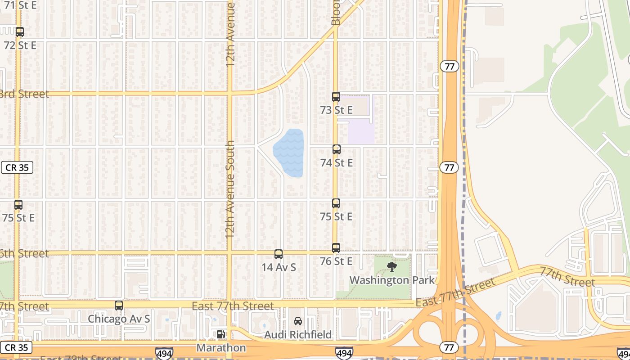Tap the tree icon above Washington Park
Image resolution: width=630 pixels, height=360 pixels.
coord(392,267)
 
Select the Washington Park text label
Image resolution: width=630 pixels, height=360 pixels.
coord(392,280)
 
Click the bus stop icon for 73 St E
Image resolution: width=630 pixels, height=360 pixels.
coord(336,97)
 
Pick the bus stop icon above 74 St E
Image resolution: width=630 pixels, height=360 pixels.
coord(337,149)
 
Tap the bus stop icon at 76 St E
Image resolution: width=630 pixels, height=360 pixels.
coord(336,248)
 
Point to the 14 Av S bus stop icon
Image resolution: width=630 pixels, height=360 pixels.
coord(279,254)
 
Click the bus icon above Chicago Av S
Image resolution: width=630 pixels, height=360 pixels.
coord(119,306)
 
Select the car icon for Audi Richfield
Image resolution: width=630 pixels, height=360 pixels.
coord(298,321)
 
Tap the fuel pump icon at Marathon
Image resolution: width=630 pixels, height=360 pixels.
coord(220,334)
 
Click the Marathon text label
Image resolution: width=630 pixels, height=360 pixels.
coord(221,348)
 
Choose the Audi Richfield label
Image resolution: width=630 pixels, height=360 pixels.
coord(298,335)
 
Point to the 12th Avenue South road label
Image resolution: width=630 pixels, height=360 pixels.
coord(230,189)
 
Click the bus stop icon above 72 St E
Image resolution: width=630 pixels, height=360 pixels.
coord(20,32)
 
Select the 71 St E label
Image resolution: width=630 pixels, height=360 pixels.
coord(20,5)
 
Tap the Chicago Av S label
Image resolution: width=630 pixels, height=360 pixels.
coord(119,319)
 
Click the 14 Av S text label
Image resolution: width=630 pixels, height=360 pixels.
coord(279,267)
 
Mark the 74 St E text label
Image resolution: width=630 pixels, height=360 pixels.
coord(337,162)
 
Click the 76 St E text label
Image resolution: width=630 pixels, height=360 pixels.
coord(336,261)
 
